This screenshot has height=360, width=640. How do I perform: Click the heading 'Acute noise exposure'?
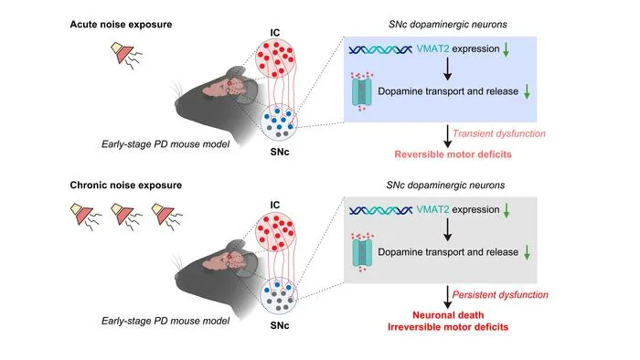click(x=121, y=25)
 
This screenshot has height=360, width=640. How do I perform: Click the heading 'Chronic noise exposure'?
click(x=126, y=185)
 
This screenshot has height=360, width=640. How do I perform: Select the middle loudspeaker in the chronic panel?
click(x=126, y=216)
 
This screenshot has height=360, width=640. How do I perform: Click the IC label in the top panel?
click(x=275, y=32)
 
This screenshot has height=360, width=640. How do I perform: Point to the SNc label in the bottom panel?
click(x=280, y=325)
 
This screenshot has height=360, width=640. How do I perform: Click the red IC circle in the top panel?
click(x=274, y=58)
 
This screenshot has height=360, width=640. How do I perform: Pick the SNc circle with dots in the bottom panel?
click(x=279, y=296)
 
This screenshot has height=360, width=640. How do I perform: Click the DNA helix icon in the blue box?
click(x=380, y=49)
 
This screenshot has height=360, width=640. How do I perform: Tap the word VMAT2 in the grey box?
click(x=432, y=209)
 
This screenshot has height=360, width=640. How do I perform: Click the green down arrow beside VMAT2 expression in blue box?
click(x=507, y=49)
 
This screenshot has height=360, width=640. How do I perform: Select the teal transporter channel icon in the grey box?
click(x=362, y=253)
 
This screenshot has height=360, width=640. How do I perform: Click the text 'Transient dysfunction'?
click(x=499, y=133)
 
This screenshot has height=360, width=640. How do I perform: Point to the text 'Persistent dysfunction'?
click(x=500, y=295)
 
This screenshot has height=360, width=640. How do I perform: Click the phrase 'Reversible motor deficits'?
click(x=453, y=154)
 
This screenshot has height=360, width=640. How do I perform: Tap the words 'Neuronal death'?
click(x=448, y=315)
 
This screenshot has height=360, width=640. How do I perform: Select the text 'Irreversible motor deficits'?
click(x=448, y=327)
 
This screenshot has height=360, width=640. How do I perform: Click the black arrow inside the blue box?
click(x=448, y=69)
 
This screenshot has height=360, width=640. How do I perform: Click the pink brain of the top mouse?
click(x=222, y=87)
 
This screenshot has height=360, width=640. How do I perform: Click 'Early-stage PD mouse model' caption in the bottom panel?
click(x=165, y=321)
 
